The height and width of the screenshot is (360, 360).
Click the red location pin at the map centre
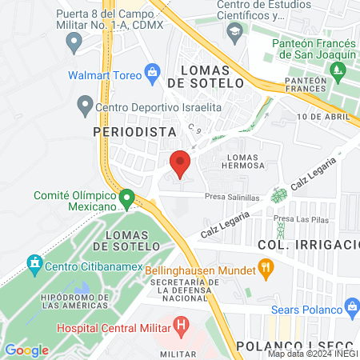click(x=180, y=163)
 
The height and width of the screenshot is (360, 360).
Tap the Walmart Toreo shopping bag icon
click(x=151, y=74)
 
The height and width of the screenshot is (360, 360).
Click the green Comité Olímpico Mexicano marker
click(x=126, y=197)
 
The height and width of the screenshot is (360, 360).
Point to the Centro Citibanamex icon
click(x=34, y=262)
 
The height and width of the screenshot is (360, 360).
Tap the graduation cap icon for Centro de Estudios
click(x=235, y=33)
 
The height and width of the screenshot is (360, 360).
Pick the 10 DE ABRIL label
click(x=324, y=118)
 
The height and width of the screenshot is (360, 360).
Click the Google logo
click(x=26, y=350)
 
